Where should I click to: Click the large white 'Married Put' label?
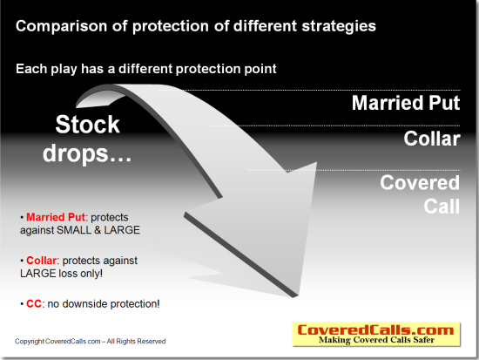pyautogui.click(x=406, y=103)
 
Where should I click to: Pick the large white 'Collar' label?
pyautogui.click(x=432, y=139)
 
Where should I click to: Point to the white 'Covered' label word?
pyautogui.click(x=420, y=182)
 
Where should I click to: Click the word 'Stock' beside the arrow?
pyautogui.click(x=87, y=124)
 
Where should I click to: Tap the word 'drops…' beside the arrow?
pyautogui.click(x=87, y=153)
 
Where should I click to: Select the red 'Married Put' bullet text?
pyautogui.click(x=56, y=217)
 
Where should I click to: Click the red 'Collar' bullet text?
pyautogui.click(x=41, y=261)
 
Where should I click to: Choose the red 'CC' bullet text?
pyautogui.click(x=34, y=304)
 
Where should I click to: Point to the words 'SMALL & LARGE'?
pyautogui.click(x=98, y=230)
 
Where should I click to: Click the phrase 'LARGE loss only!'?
pyautogui.click(x=62, y=274)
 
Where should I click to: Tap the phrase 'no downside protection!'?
pyautogui.click(x=104, y=304)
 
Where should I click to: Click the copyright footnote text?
pyautogui.click(x=90, y=342)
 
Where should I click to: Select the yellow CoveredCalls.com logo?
pyautogui.click(x=376, y=335)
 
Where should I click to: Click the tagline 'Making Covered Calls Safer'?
pyautogui.click(x=376, y=340)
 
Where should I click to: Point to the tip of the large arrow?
pyautogui.click(x=294, y=296)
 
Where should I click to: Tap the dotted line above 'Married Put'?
pyautogui.click(x=308, y=91)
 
